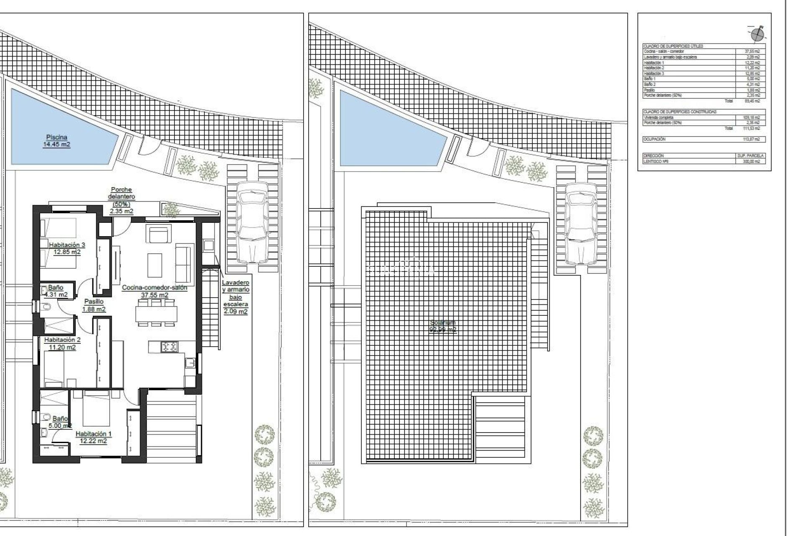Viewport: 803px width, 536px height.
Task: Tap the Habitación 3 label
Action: [x=67, y=248]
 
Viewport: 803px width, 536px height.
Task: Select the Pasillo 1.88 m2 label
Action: [x=94, y=305]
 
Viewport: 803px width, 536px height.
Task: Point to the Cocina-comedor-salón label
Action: [x=154, y=291]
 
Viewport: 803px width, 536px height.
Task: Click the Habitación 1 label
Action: [x=94, y=438]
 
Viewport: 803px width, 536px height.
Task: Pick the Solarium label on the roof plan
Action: [x=443, y=326]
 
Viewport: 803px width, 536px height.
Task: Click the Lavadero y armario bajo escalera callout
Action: [x=235, y=297]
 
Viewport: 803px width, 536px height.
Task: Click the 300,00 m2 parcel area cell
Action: [x=751, y=161]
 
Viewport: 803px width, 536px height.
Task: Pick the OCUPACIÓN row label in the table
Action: [x=655, y=139]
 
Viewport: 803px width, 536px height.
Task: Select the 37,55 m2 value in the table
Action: [x=752, y=51]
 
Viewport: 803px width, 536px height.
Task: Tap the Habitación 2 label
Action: [x=62, y=343]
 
